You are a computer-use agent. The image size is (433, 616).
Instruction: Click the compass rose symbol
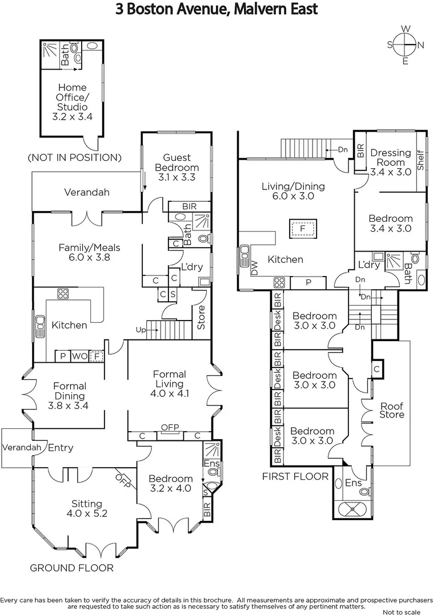[406, 44]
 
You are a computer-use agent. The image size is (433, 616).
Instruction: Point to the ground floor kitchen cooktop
[63, 294]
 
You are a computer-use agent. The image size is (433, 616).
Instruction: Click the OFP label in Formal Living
[170, 427]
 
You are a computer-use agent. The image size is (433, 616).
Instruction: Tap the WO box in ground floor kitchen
[80, 356]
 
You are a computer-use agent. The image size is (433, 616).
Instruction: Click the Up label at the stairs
[141, 330]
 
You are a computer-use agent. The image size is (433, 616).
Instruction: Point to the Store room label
[201, 317]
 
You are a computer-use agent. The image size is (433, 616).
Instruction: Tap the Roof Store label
[392, 410]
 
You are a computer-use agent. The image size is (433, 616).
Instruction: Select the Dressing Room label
[391, 157]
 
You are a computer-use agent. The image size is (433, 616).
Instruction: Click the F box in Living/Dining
[302, 228]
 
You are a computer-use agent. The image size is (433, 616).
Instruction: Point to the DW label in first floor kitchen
[254, 268]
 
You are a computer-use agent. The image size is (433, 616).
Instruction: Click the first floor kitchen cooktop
[279, 283]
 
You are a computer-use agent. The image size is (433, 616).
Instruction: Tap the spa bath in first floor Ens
[352, 508]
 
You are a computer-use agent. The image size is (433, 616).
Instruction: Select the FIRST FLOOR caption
[295, 476]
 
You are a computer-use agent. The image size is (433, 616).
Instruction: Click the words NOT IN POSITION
[74, 157]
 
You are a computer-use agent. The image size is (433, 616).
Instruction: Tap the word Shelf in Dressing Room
[420, 160]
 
